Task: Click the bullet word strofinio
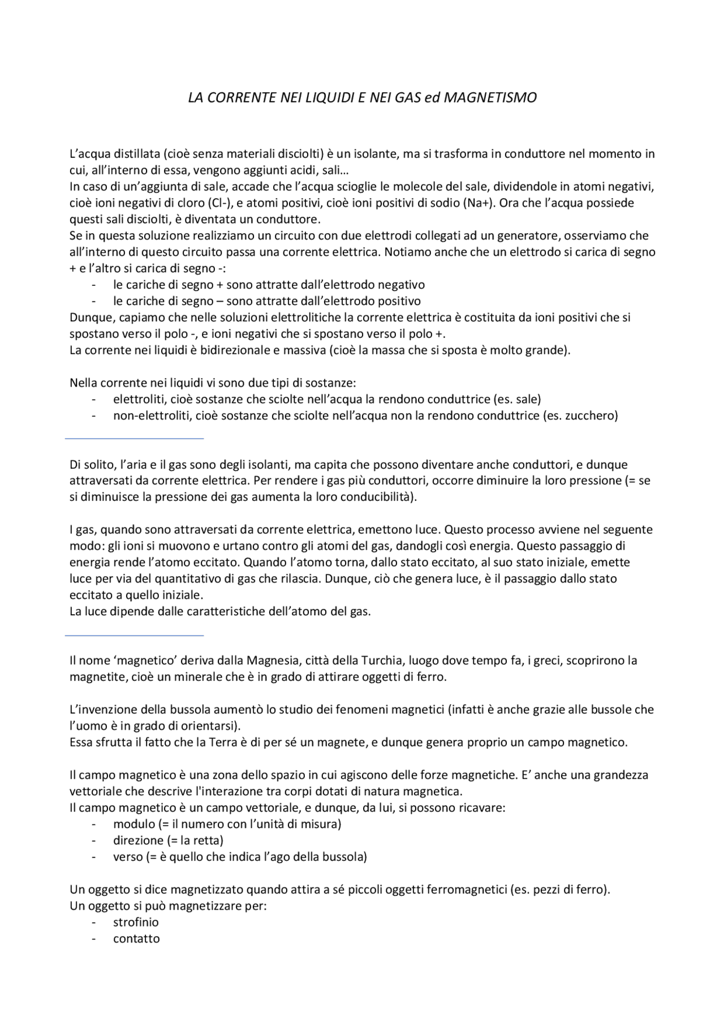[x=136, y=922]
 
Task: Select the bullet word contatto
[x=136, y=938]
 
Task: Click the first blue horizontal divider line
[x=134, y=438]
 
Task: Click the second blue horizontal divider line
[x=134, y=636]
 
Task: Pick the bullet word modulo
[x=133, y=824]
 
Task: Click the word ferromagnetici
[x=467, y=889]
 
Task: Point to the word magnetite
[x=94, y=676]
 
